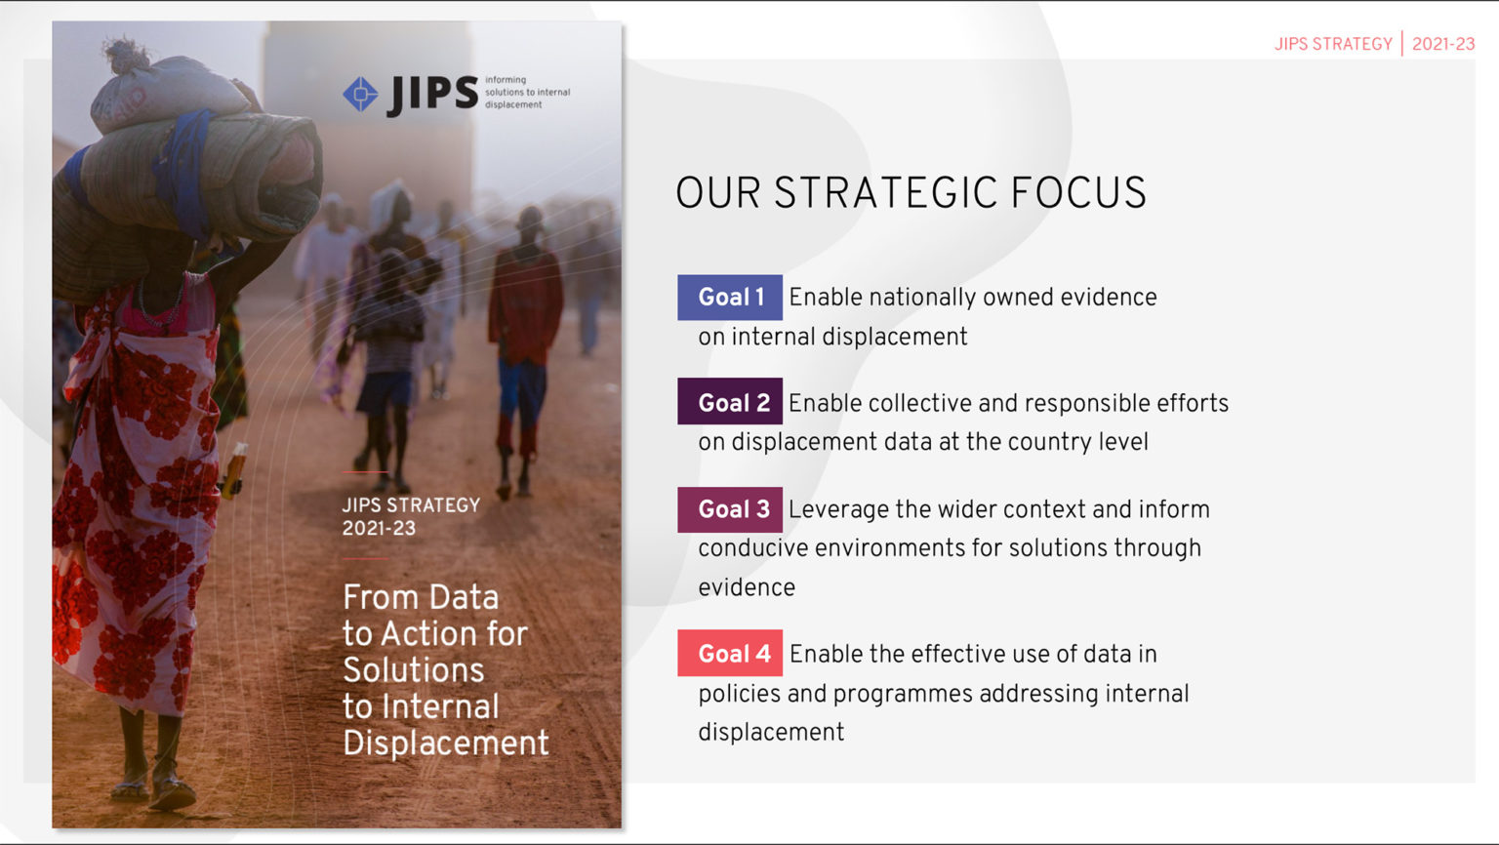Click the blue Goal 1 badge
point(730,298)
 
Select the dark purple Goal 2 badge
point(730,402)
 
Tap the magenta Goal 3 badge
point(730,509)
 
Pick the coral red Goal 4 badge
point(730,654)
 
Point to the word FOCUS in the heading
point(1078,193)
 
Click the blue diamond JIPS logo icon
point(360,95)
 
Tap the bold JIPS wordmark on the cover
point(433,95)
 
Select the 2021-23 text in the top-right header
point(1443,44)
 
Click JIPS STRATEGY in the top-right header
point(1333,44)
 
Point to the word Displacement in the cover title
point(446,744)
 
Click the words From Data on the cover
point(421,597)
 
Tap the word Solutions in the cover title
point(414,670)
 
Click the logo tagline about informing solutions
point(527,93)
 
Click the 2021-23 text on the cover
point(379,529)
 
